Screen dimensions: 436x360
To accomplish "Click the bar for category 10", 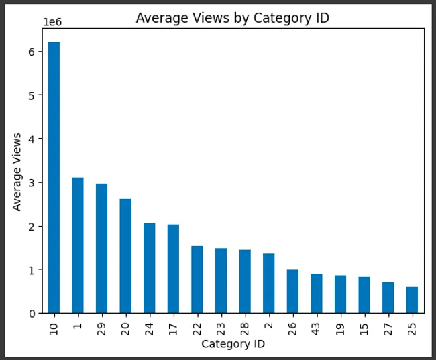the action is click(x=54, y=178).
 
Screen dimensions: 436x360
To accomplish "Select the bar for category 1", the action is click(x=78, y=245).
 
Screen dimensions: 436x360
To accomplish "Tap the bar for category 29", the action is click(x=101, y=249).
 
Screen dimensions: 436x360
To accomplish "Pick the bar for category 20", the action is click(x=125, y=256).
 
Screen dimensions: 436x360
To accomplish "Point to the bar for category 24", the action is click(x=150, y=268).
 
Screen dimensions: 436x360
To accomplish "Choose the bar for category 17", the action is click(x=173, y=269).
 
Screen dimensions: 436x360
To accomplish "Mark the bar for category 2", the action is click(x=268, y=284).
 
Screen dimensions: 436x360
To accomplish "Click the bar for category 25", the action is click(x=412, y=300).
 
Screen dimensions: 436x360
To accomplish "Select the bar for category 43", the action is click(x=317, y=294).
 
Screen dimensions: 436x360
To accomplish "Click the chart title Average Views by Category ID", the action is click(x=233, y=18).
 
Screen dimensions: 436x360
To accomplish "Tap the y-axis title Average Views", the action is click(x=17, y=172).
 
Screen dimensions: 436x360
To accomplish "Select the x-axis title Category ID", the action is click(x=233, y=344).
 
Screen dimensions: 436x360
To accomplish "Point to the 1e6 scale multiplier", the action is click(x=52, y=22).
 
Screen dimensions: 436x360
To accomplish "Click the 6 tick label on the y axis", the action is click(x=32, y=52).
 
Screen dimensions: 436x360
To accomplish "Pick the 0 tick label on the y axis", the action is click(x=32, y=314).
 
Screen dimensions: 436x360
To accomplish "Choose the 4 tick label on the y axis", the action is click(x=32, y=139).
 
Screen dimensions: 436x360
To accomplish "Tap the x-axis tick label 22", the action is click(x=197, y=329).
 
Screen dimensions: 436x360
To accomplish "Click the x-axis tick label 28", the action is click(x=245, y=329).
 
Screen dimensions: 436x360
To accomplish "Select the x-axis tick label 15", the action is click(x=364, y=329).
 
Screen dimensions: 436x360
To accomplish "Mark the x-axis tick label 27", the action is click(x=388, y=329).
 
